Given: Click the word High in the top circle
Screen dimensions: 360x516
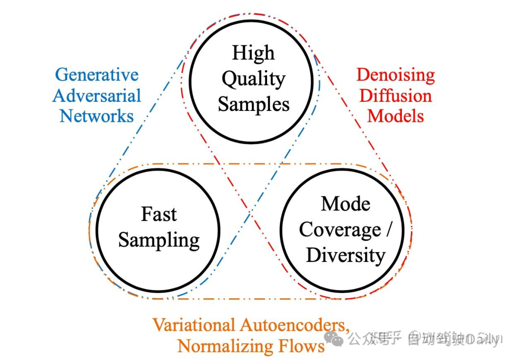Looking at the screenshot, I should pyautogui.click(x=253, y=53).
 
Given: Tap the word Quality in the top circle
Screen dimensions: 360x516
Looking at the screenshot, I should pyautogui.click(x=253, y=79).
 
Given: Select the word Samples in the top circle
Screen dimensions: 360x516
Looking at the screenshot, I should pyautogui.click(x=253, y=105).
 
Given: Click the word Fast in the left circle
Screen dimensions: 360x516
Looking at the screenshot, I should pyautogui.click(x=159, y=214).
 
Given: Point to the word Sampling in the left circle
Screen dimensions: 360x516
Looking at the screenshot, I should pyautogui.click(x=159, y=240).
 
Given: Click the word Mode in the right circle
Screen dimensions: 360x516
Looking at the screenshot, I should pyautogui.click(x=345, y=204).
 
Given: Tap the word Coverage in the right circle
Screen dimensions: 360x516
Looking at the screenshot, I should pyautogui.click(x=340, y=230).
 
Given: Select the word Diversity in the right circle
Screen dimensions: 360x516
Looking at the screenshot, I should pyautogui.click(x=345, y=255).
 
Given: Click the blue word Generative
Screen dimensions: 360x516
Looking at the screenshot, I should pyautogui.click(x=97, y=75).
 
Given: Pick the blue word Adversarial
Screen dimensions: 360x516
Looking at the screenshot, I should pyautogui.click(x=97, y=96).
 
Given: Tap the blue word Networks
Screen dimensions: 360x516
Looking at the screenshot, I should pyautogui.click(x=97, y=116).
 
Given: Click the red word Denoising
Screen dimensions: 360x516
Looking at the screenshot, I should pyautogui.click(x=396, y=75).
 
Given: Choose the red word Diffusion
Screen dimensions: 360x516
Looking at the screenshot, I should pyautogui.click(x=396, y=96).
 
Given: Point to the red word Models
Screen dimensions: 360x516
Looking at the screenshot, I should pyautogui.click(x=396, y=116).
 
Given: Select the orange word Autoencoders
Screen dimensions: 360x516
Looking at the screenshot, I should pyautogui.click(x=294, y=325).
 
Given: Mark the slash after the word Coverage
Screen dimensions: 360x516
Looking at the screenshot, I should pyautogui.click(x=388, y=230).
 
